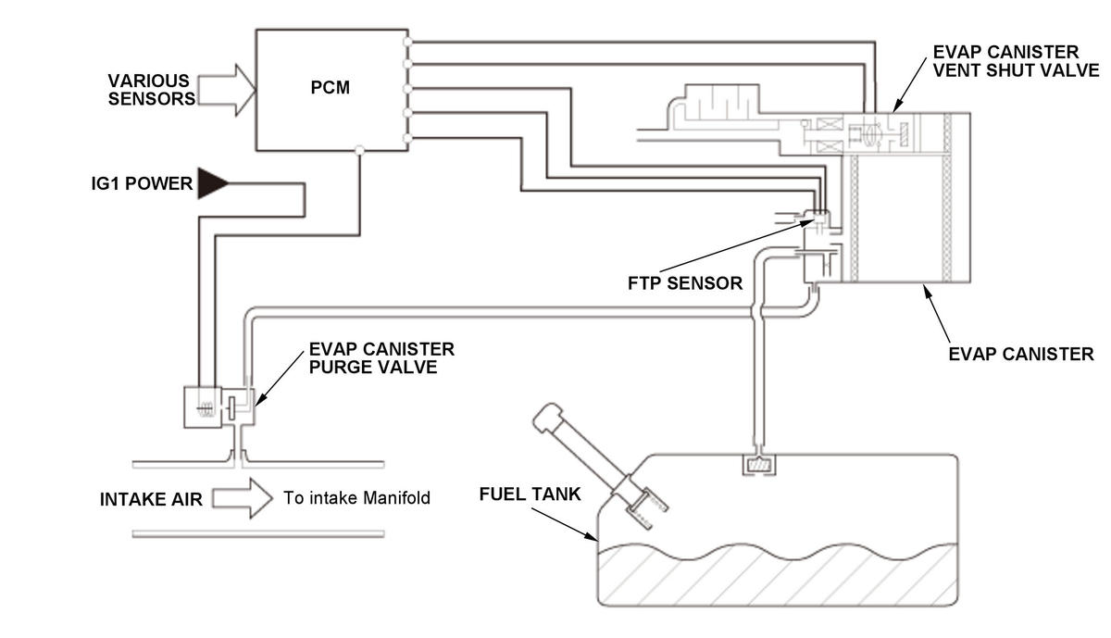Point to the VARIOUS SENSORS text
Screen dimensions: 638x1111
(149, 89)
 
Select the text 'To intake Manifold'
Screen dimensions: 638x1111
(356, 498)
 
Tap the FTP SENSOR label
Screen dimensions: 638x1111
(685, 282)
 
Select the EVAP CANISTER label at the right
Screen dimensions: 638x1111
(1021, 353)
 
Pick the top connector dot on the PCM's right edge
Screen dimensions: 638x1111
(407, 42)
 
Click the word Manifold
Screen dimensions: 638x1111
(395, 498)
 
